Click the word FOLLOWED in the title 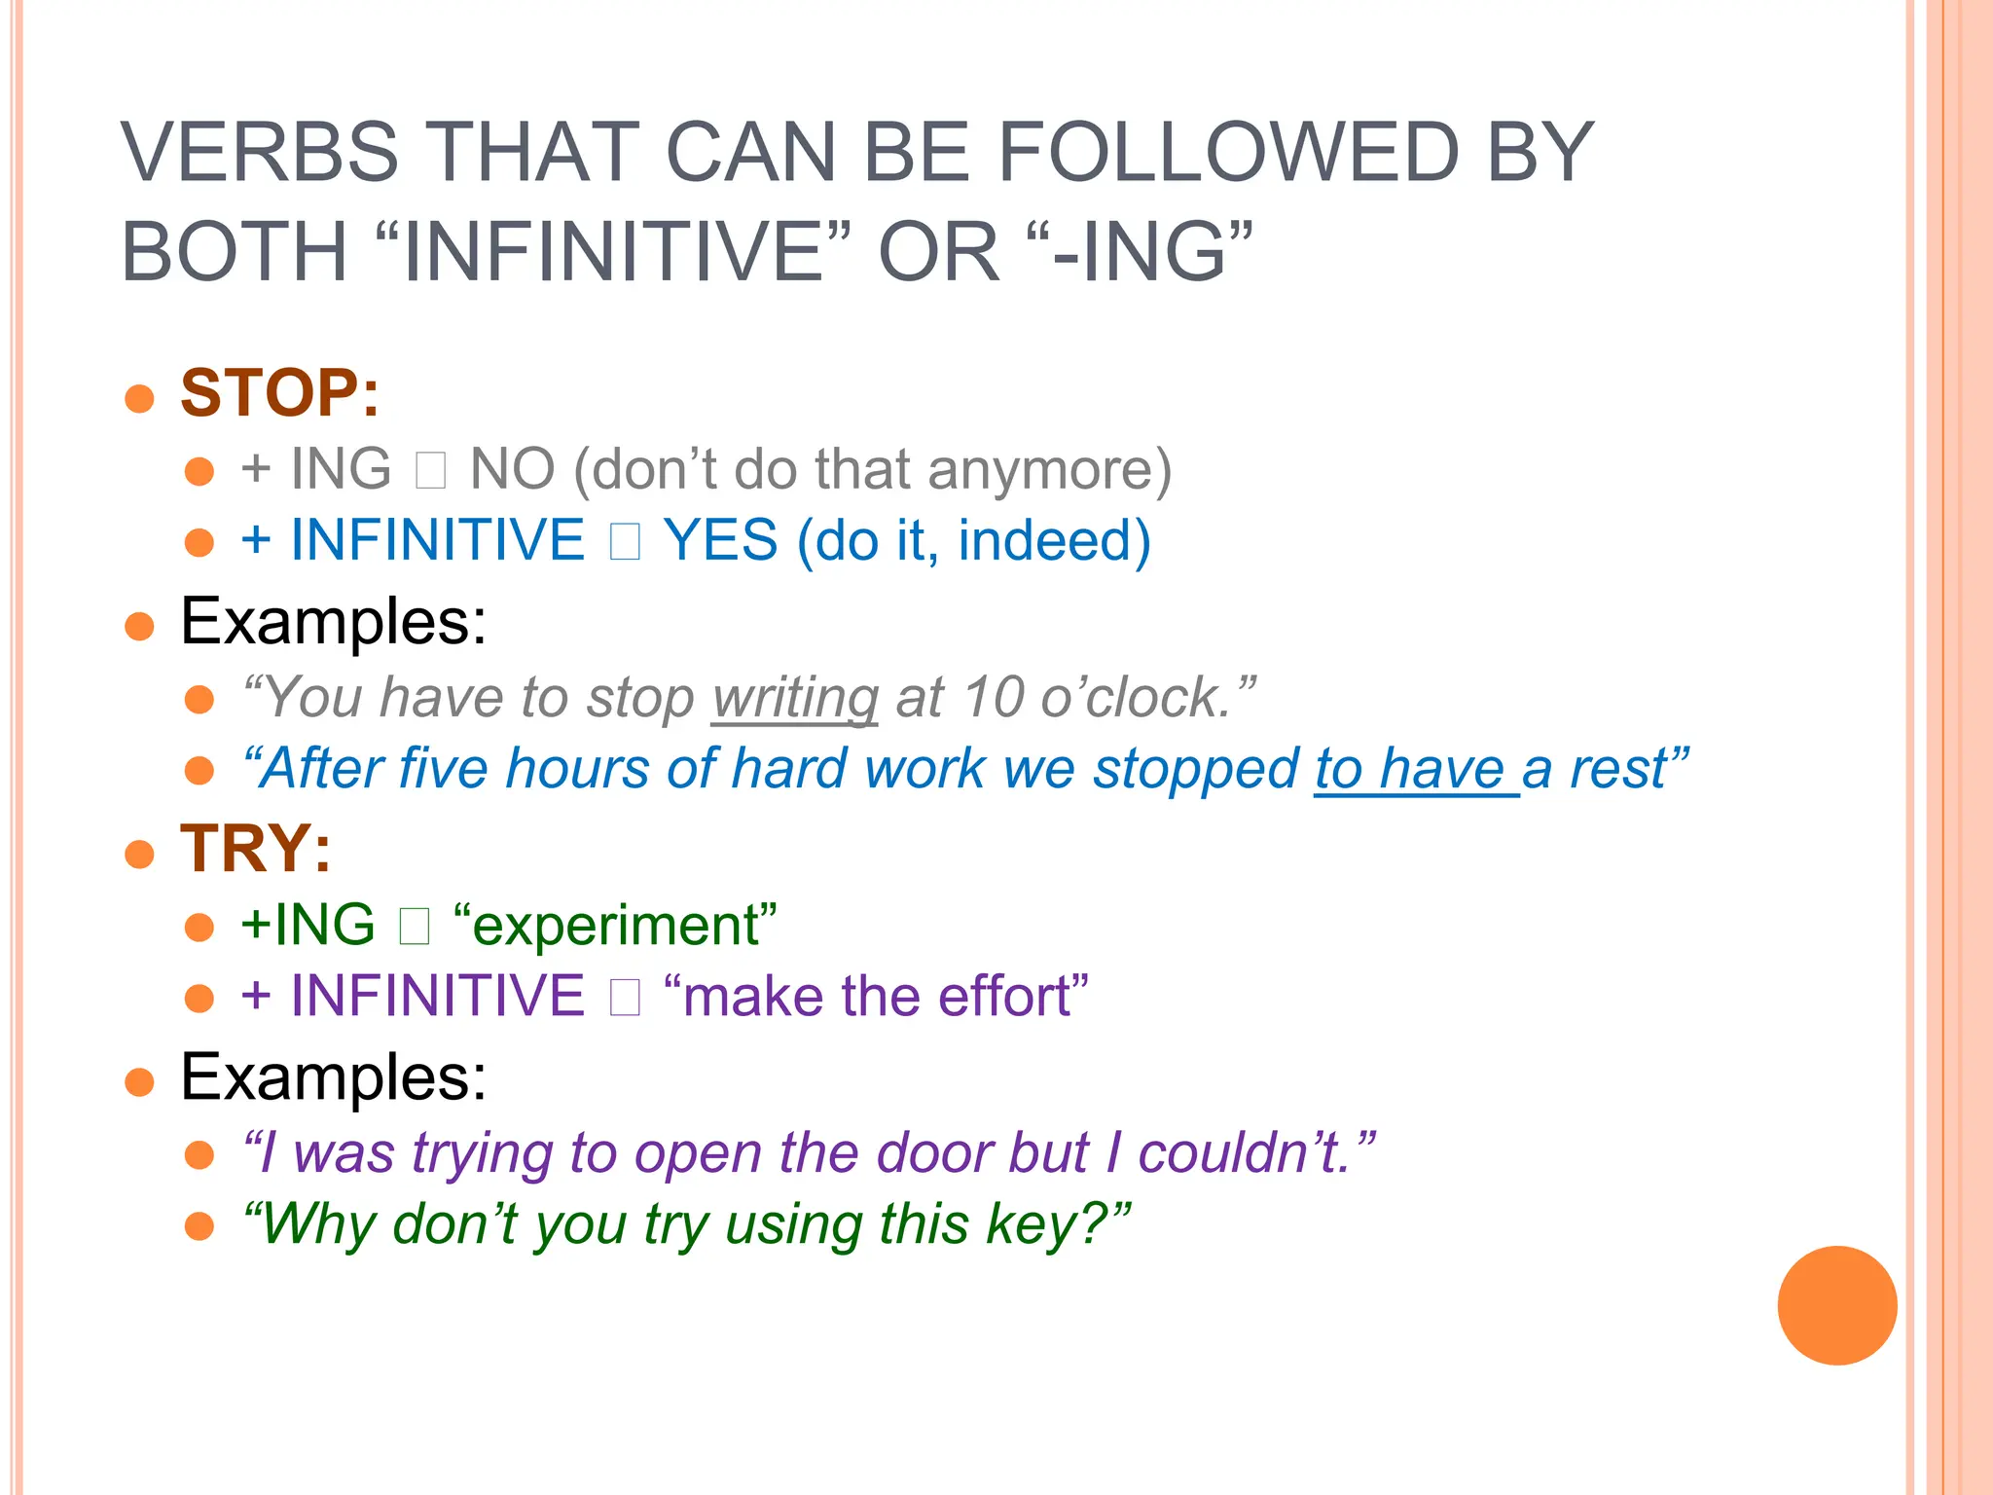(1228, 153)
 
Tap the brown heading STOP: (279, 393)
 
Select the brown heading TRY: (255, 849)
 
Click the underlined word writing (795, 699)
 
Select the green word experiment (615, 926)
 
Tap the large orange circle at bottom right (1836, 1305)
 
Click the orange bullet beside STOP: (140, 398)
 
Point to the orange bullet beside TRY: (140, 854)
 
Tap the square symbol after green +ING (415, 927)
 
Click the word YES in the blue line (720, 541)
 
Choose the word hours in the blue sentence (577, 769)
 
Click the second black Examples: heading (333, 1077)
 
